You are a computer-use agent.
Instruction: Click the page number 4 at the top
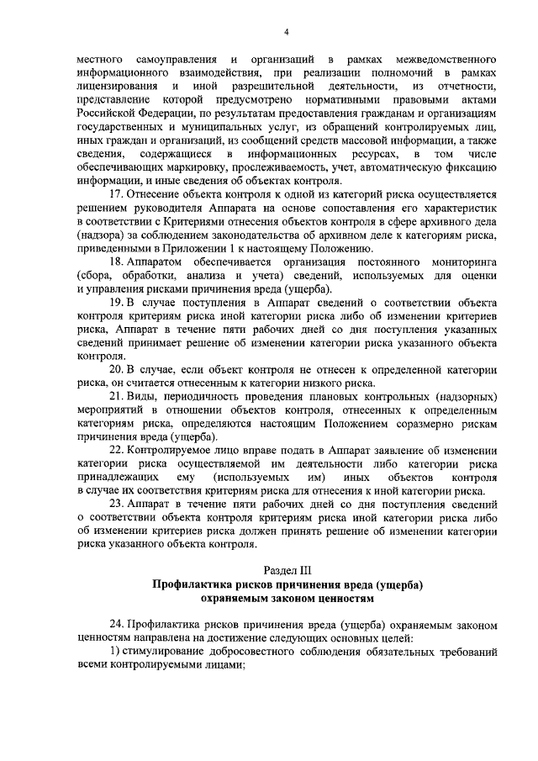click(286, 33)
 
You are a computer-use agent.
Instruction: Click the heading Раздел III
click(287, 570)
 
